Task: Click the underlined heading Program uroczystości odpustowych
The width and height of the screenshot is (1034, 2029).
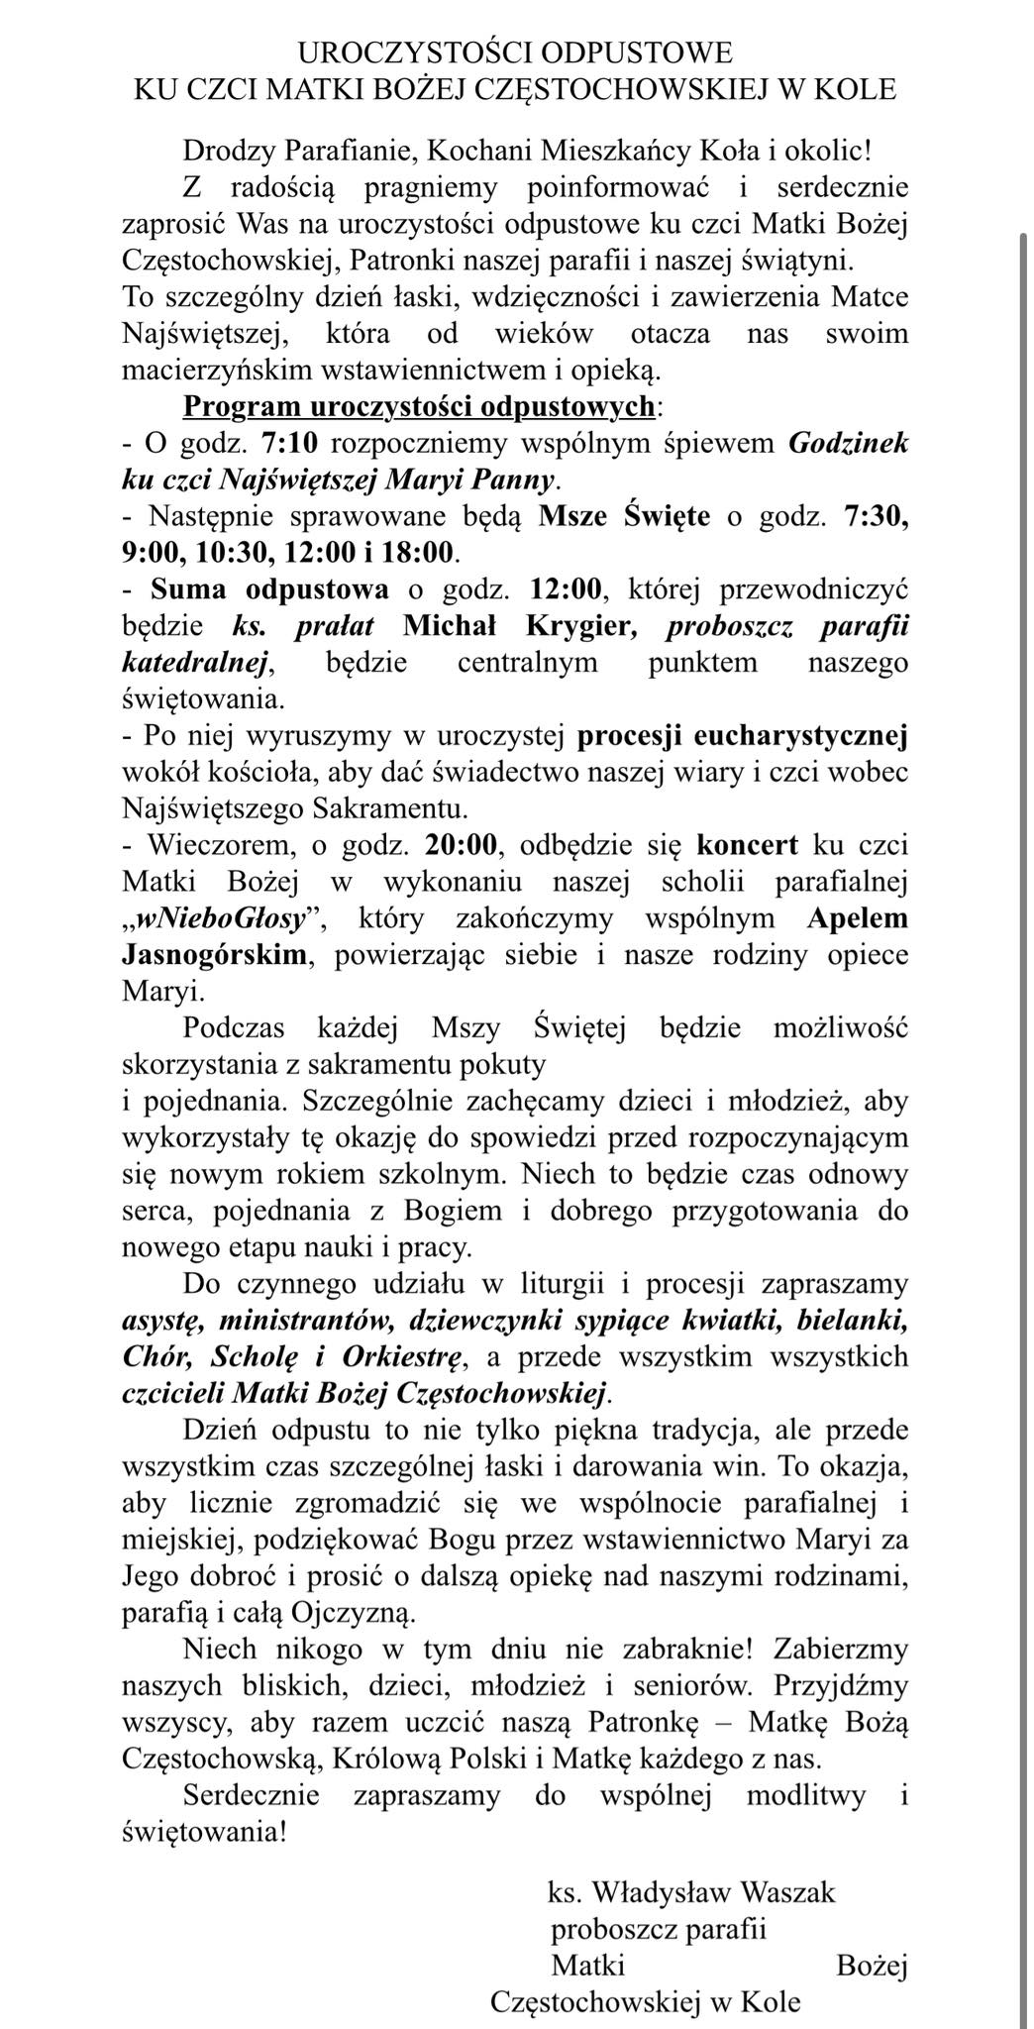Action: (x=419, y=406)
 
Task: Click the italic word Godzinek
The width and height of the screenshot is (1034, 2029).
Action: (x=848, y=443)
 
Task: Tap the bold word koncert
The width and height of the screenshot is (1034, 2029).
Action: (x=747, y=845)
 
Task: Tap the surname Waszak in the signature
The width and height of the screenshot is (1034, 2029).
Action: (x=787, y=1892)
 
